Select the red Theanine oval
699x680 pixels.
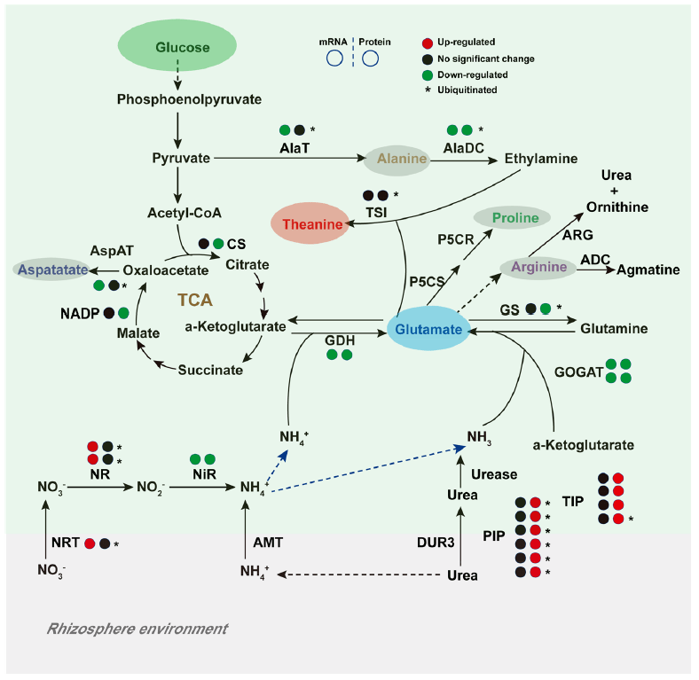click(312, 224)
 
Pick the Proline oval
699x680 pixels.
click(510, 218)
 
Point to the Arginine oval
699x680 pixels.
click(538, 267)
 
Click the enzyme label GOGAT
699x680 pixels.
click(578, 372)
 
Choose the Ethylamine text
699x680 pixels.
click(541, 159)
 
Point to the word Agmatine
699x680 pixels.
click(648, 270)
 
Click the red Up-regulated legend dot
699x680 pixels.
click(428, 42)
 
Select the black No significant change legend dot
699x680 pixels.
click(428, 59)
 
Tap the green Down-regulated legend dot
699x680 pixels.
click(428, 75)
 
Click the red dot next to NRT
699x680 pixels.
click(90, 543)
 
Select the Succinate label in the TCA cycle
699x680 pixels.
click(210, 370)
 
